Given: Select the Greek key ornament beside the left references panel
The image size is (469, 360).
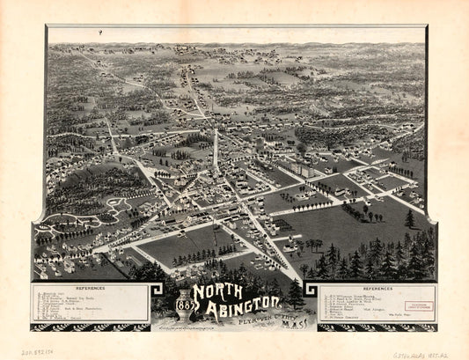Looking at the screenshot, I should click(x=158, y=290).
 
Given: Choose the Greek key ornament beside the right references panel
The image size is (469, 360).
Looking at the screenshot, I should click(x=311, y=291).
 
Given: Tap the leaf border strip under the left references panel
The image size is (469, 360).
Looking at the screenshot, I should click(x=88, y=327).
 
